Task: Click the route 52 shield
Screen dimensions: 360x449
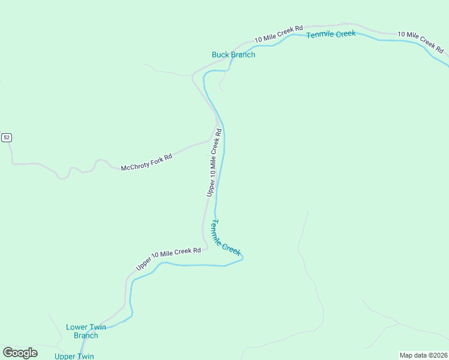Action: [x=6, y=137]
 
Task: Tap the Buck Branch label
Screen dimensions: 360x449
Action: [x=234, y=55]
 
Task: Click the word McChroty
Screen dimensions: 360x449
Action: [x=134, y=166]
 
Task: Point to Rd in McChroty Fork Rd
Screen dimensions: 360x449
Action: [x=168, y=157]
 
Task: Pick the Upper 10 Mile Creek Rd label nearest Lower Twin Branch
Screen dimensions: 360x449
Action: [x=168, y=258]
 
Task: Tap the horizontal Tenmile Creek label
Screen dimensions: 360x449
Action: [x=331, y=34]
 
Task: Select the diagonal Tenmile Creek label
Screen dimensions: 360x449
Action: [x=226, y=238]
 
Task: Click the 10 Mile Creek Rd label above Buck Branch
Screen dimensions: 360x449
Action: [x=279, y=34]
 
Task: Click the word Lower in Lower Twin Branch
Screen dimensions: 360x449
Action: [x=77, y=327]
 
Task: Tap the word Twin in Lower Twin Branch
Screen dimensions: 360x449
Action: [x=97, y=327]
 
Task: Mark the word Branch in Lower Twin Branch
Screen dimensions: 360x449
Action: [x=86, y=335]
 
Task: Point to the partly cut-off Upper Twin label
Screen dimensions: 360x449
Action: [x=74, y=356]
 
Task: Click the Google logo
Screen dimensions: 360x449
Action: [x=20, y=353]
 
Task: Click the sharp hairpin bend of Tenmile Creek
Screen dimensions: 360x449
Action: [x=243, y=257]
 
